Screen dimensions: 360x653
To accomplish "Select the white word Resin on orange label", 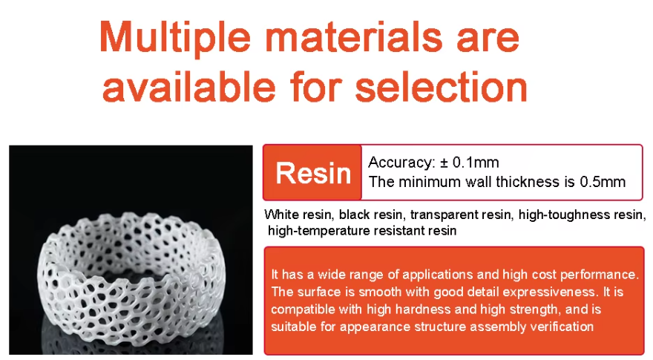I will pyautogui.click(x=313, y=173).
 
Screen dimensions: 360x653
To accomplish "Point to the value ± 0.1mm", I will pyautogui.click(x=467, y=162).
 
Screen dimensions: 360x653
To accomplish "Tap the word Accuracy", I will pyautogui.click(x=398, y=162).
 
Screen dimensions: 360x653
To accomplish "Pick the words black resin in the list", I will pyautogui.click(x=371, y=215).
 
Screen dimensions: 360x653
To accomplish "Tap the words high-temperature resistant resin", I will pyautogui.click(x=362, y=231).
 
